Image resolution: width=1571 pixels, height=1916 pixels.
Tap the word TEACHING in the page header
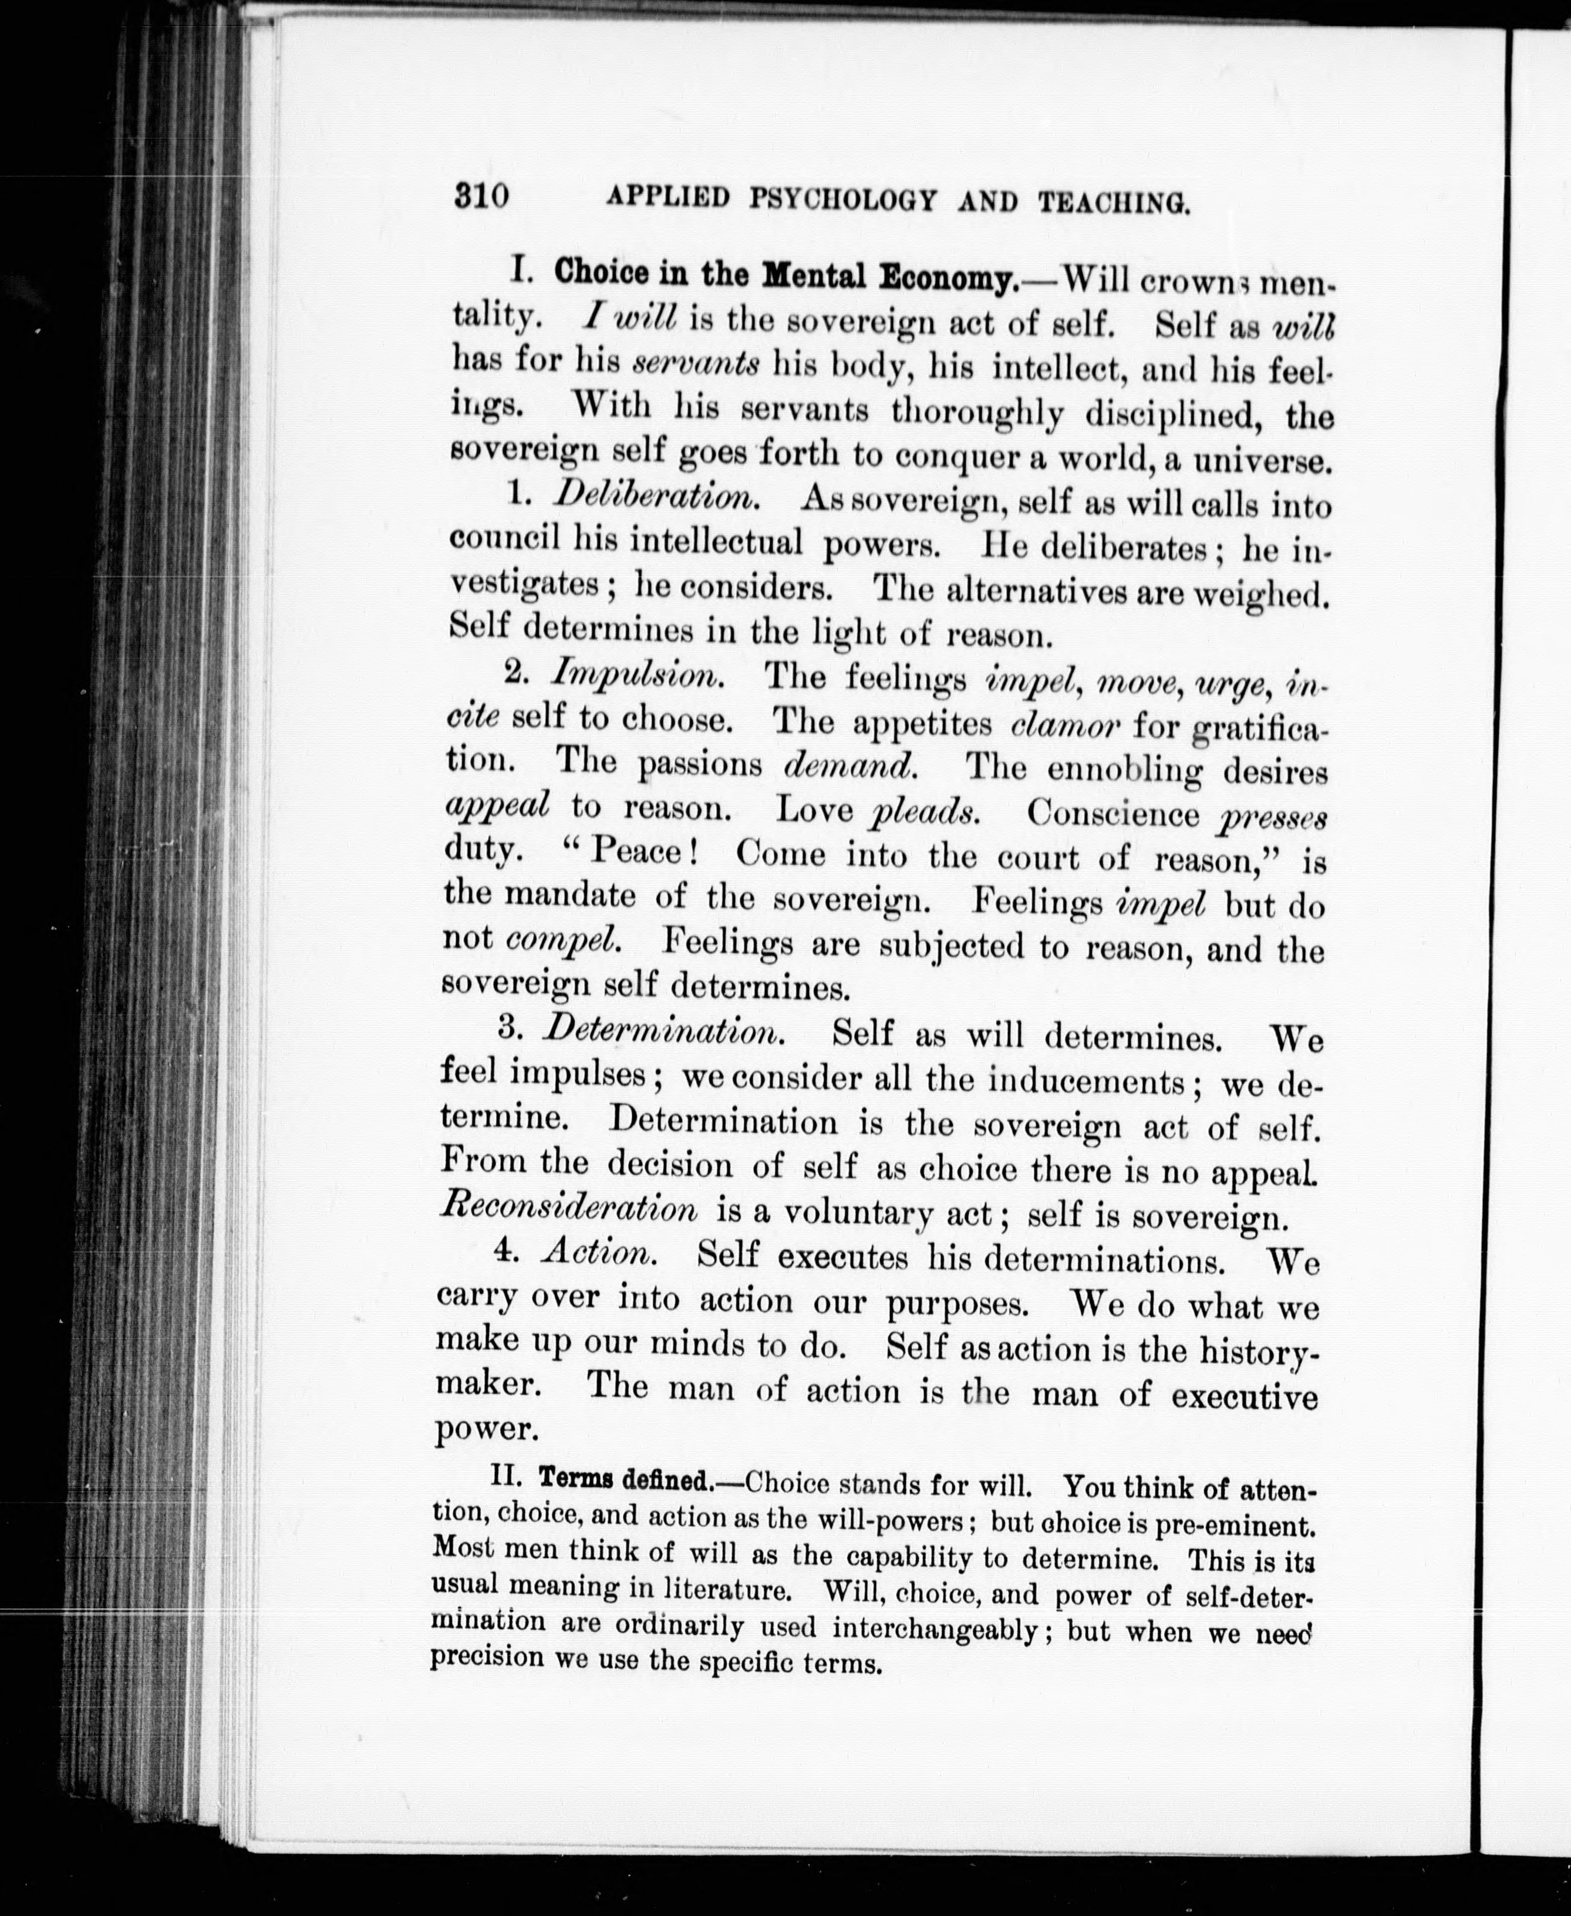pos(1113,204)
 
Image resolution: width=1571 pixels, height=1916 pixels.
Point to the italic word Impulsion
pos(638,674)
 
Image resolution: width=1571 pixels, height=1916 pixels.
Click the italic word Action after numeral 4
pos(597,1252)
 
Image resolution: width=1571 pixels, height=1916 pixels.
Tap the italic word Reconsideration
pos(568,1209)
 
